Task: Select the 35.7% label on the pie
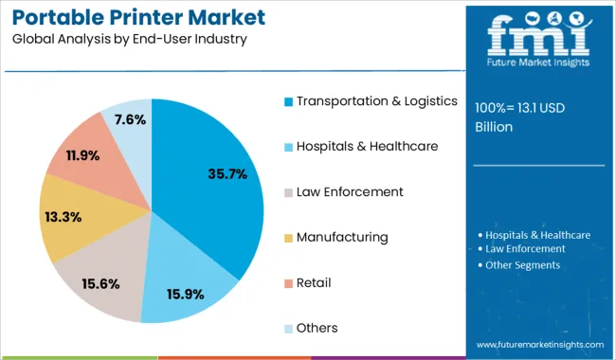pos(226,173)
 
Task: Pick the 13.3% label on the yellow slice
pos(63,217)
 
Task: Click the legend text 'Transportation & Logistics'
pos(377,100)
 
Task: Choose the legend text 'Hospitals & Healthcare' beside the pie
pos(367,146)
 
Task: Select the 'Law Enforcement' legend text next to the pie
pos(350,191)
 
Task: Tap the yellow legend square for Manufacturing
pos(288,237)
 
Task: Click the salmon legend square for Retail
pos(288,282)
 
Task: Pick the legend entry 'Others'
pos(317,328)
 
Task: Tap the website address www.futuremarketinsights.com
pos(539,345)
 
